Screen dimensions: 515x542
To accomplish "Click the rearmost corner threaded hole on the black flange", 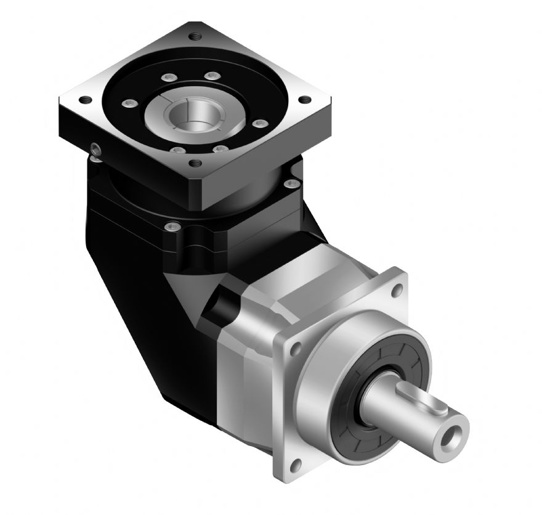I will tap(196, 36).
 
